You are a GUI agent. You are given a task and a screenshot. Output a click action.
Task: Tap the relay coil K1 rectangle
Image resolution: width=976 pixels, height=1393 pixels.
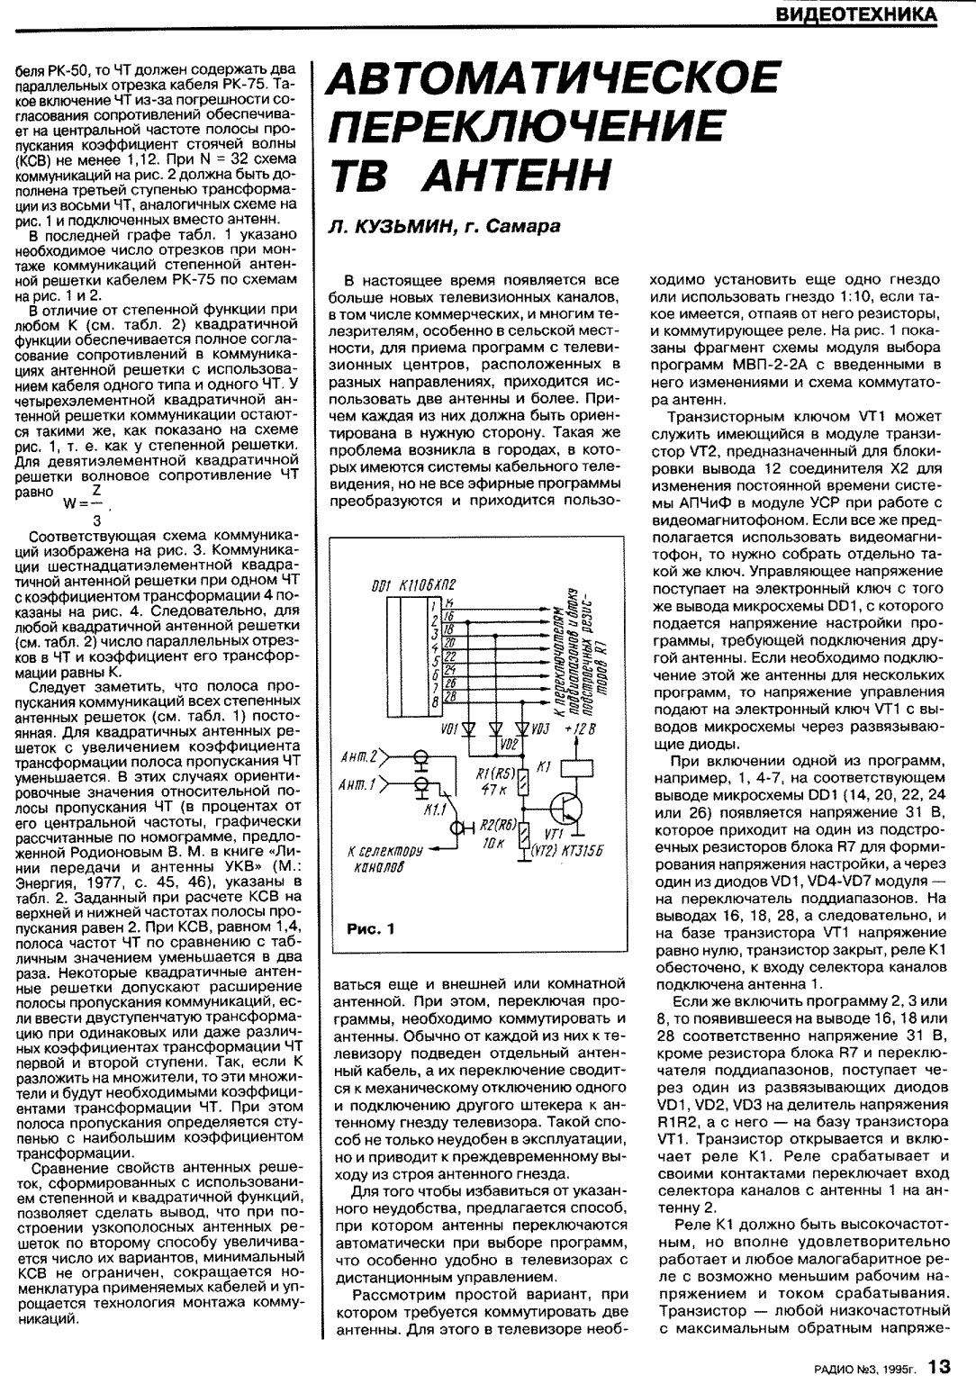tap(573, 768)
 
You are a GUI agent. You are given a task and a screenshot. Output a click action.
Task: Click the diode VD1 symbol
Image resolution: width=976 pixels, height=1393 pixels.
tap(469, 728)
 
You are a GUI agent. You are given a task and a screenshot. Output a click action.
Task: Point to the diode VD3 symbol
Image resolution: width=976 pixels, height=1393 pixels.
tap(521, 728)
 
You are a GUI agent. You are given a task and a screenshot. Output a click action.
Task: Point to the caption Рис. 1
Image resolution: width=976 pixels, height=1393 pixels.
tap(371, 928)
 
